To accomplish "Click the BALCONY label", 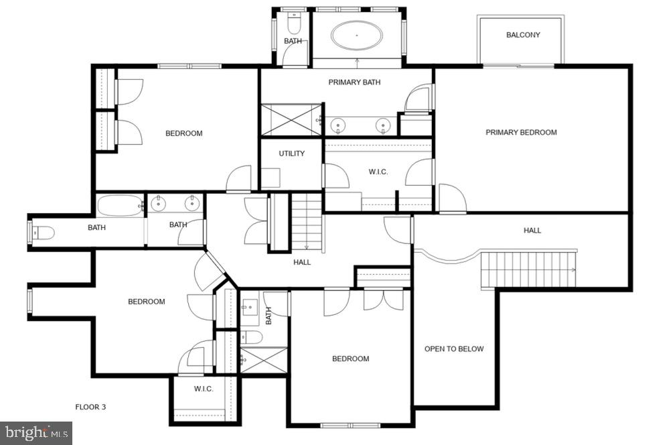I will (x=523, y=35).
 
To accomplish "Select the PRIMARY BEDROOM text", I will (x=521, y=132).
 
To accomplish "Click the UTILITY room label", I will (x=291, y=153).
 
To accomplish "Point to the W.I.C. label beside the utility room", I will (x=378, y=172).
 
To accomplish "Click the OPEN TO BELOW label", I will (x=454, y=348).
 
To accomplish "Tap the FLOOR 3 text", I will (x=90, y=407).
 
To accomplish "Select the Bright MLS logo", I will (x=35, y=433).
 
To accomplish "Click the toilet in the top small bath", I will (x=293, y=24).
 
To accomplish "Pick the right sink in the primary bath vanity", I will (x=383, y=125).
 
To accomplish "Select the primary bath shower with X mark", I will (x=291, y=119).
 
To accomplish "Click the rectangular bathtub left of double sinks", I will (x=121, y=204).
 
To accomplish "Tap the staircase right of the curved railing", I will (x=528, y=269).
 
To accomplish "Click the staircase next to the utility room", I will (x=307, y=221).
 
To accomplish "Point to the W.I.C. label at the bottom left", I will (x=204, y=389).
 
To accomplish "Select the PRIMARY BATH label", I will (x=354, y=82).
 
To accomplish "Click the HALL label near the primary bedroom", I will (x=532, y=231).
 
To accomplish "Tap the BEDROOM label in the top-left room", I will (x=183, y=133).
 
